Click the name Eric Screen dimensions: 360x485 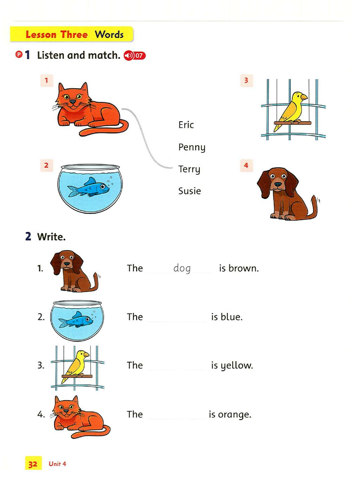pyautogui.click(x=186, y=125)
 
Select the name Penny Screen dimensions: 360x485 pyautogui.click(x=192, y=147)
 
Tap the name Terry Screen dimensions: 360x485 pyautogui.click(x=189, y=170)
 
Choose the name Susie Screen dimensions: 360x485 pyautogui.click(x=189, y=191)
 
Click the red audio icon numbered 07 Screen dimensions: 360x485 pyautogui.click(x=135, y=56)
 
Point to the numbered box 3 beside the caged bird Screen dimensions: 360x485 pyautogui.click(x=246, y=81)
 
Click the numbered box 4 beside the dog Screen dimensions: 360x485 pyautogui.click(x=246, y=165)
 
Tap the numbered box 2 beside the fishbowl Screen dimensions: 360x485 pyautogui.click(x=46, y=165)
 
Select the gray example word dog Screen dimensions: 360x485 pyautogui.click(x=182, y=268)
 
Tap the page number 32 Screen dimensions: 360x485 pyautogui.click(x=33, y=464)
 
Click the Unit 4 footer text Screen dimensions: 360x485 pyautogui.click(x=57, y=464)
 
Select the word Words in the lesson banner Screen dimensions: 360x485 pyautogui.click(x=109, y=34)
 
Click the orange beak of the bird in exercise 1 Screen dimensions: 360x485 pyautogui.click(x=304, y=97)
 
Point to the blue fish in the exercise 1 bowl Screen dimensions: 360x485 pyautogui.click(x=88, y=187)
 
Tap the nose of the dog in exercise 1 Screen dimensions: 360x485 pyautogui.click(x=278, y=184)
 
